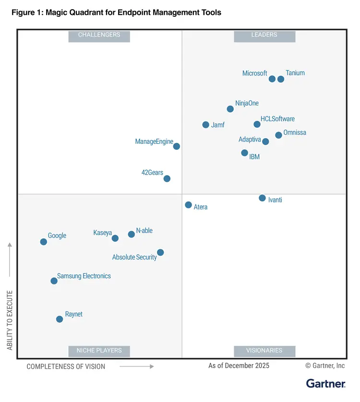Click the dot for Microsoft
click(272, 79)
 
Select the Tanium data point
click(281, 79)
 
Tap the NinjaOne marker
click(230, 109)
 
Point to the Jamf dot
click(206, 125)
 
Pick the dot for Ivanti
click(262, 198)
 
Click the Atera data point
click(189, 205)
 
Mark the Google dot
click(44, 242)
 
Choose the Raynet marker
click(60, 319)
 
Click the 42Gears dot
click(167, 178)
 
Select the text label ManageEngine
click(154, 142)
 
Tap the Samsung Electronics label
click(84, 276)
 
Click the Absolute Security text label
click(134, 258)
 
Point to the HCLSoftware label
click(277, 119)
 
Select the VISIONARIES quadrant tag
click(264, 351)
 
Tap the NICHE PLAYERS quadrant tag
click(99, 351)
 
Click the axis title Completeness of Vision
click(66, 367)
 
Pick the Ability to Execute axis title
click(10, 319)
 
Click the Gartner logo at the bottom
click(325, 384)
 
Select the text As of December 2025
click(239, 366)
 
